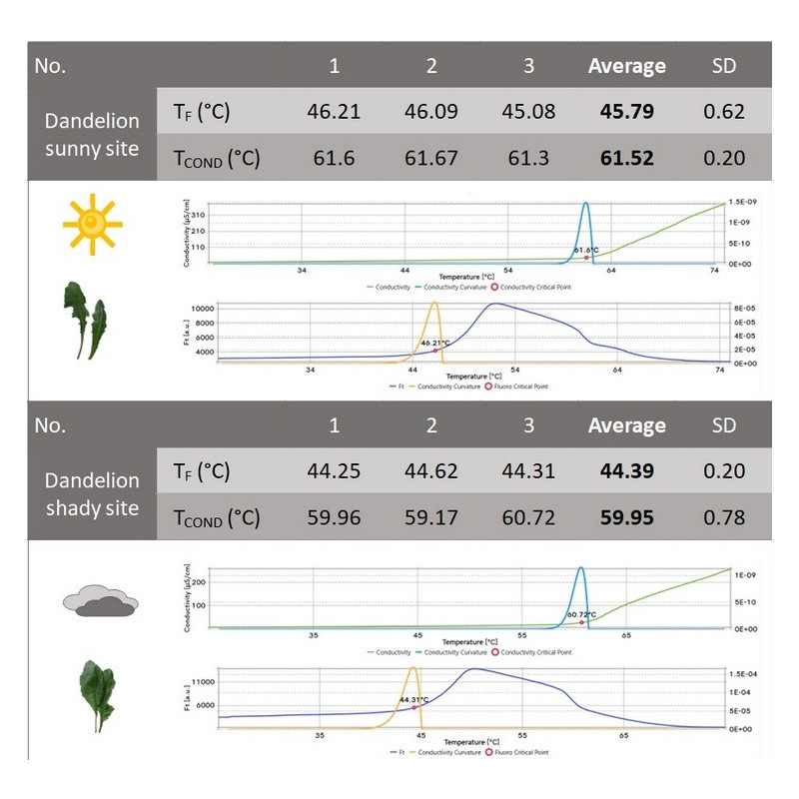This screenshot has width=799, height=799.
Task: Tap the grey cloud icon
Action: coord(100,600)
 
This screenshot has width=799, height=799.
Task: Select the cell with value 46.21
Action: coord(334,111)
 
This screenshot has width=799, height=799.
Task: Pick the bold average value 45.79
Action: coord(626,111)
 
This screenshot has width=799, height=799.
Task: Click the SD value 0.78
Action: coord(723,517)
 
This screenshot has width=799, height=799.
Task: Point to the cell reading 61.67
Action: coord(431,157)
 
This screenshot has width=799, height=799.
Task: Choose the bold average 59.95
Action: coord(626,517)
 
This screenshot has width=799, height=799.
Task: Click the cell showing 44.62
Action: coord(431,472)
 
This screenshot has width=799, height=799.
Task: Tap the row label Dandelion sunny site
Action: coord(92,135)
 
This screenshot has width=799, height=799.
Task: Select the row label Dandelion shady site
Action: coord(92,494)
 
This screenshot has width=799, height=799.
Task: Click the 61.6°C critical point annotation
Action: coord(586,250)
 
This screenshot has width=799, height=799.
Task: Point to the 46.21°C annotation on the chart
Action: coord(434,343)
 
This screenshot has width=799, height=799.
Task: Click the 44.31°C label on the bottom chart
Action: coord(412,700)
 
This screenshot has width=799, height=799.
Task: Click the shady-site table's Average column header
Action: coord(626,426)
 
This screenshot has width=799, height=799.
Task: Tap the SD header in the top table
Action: coord(723,66)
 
